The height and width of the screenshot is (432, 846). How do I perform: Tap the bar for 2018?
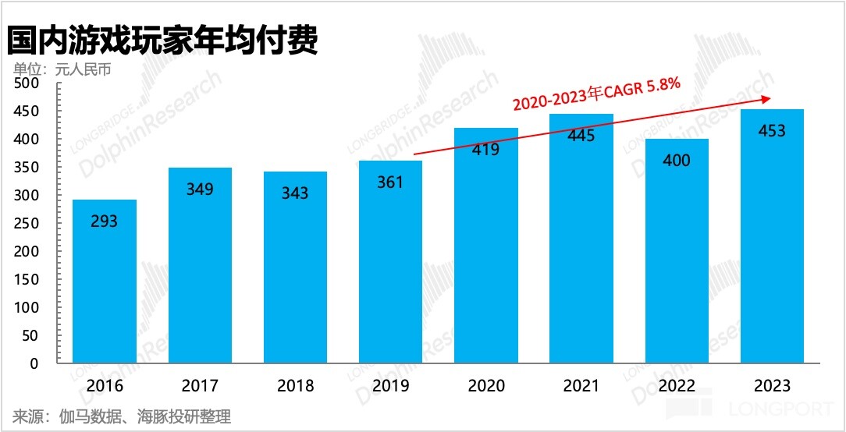pyautogui.click(x=295, y=268)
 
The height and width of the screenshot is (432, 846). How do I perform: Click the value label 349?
pyautogui.click(x=200, y=189)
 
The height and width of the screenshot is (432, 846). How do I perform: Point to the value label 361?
pyautogui.click(x=390, y=182)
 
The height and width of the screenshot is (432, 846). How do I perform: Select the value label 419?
pyautogui.click(x=485, y=149)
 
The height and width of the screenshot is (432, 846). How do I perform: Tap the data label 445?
pyautogui.click(x=581, y=136)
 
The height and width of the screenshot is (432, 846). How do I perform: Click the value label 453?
pyautogui.click(x=772, y=131)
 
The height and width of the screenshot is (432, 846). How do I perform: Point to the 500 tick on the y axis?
pyautogui.click(x=27, y=83)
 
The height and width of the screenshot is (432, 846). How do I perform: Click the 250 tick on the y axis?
pyautogui.click(x=27, y=224)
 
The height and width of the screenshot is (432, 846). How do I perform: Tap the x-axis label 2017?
pyautogui.click(x=200, y=386)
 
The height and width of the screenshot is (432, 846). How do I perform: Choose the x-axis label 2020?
pyautogui.click(x=485, y=386)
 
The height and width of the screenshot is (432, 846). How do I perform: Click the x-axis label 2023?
pyautogui.click(x=772, y=386)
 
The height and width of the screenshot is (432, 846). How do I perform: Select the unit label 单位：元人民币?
pyautogui.click(x=61, y=69)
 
